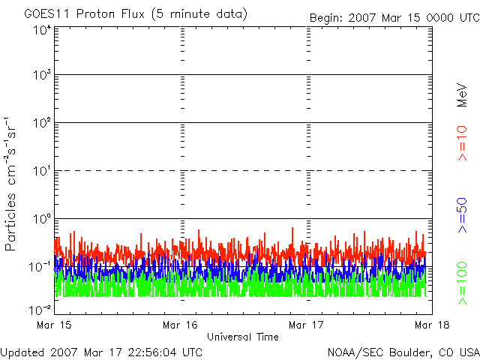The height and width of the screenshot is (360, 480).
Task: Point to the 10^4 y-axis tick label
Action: [42, 30]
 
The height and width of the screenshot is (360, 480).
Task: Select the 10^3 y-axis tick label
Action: [42, 76]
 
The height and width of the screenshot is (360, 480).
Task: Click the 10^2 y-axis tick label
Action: [42, 124]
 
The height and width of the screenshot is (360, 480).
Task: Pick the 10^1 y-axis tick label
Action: [42, 172]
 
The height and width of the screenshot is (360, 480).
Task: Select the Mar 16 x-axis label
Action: [180, 325]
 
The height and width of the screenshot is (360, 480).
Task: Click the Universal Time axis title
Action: [242, 337]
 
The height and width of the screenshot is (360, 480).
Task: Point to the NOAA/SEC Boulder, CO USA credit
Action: [403, 352]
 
